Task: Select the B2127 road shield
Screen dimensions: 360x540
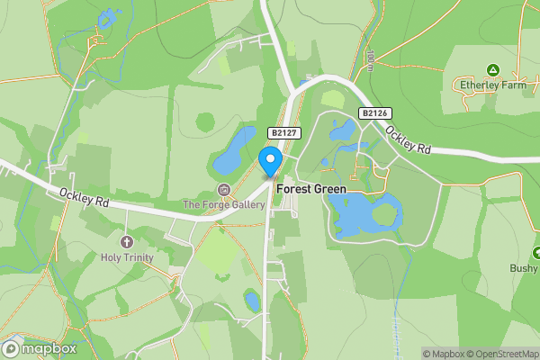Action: [x=283, y=133]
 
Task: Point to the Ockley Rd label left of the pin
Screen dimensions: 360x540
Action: [x=84, y=197]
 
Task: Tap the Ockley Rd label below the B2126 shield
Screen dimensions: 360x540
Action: [x=407, y=136]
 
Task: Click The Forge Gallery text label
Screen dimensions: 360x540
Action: [x=224, y=205]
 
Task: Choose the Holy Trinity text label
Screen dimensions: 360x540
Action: [x=127, y=258]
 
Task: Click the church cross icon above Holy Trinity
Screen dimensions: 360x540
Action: [x=127, y=242]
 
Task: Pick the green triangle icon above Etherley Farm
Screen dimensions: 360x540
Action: [x=492, y=69]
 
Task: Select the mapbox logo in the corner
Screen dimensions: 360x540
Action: [x=40, y=348]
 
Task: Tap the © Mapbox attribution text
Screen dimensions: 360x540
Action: [x=442, y=354]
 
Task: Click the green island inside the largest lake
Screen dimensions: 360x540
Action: [x=385, y=215]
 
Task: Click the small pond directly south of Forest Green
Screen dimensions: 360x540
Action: [x=253, y=301]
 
